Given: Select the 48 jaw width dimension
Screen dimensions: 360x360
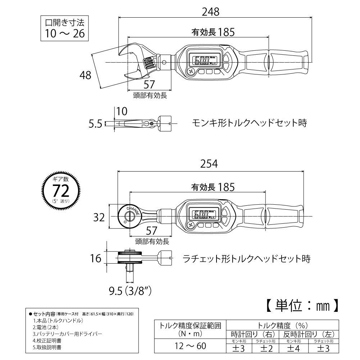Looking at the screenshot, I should [86, 75].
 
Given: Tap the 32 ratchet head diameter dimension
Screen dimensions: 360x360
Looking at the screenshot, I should [100, 217].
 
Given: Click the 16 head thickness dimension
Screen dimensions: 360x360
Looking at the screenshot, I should [96, 258].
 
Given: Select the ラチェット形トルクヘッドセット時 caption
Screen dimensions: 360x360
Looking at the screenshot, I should [246, 258].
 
